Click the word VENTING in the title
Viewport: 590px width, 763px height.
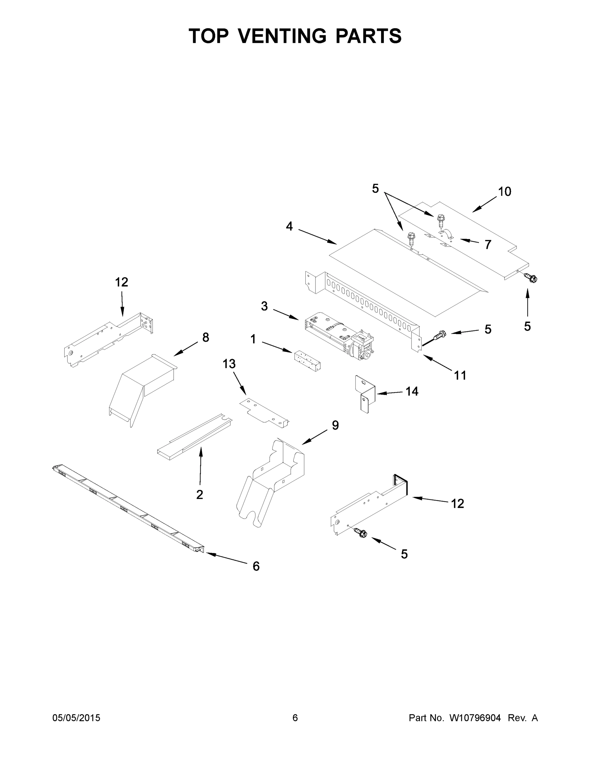(282, 36)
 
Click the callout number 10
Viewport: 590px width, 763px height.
(504, 191)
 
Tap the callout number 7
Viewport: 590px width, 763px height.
(488, 244)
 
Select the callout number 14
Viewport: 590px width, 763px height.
(412, 391)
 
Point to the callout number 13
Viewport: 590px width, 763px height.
(229, 364)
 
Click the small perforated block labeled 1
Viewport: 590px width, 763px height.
(308, 361)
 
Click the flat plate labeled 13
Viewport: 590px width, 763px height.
(265, 413)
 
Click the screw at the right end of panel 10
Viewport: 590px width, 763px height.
(531, 278)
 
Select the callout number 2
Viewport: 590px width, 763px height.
(199, 494)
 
